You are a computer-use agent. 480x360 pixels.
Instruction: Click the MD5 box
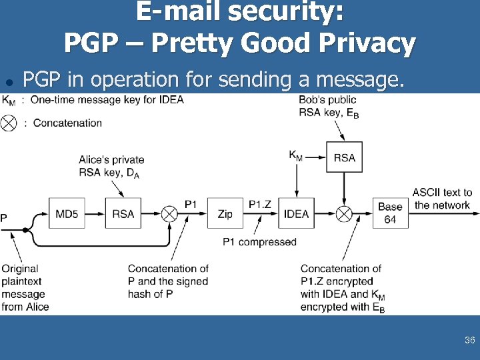point(67,214)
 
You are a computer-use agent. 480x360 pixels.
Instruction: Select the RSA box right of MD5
point(123,214)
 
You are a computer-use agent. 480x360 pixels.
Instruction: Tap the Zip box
point(225,214)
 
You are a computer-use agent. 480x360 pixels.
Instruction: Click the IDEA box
point(296,214)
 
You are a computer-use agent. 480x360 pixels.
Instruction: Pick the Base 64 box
point(390,213)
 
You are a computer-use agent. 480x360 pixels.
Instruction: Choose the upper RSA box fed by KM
point(344,158)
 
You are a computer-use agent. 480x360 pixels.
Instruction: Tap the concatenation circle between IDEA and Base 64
point(344,214)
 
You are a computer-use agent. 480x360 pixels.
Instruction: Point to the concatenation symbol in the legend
point(9,123)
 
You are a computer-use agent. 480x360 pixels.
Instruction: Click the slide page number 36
point(469,340)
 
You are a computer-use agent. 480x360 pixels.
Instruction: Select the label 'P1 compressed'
point(259,241)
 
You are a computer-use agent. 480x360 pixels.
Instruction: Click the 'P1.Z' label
point(260,204)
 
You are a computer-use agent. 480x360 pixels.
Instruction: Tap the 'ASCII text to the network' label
point(442,199)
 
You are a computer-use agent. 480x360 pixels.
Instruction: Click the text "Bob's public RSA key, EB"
point(329,106)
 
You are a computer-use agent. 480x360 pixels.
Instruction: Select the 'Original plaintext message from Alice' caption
point(25,287)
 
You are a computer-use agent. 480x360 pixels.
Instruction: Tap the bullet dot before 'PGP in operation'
point(9,82)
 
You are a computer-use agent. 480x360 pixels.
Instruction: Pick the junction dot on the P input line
point(25,230)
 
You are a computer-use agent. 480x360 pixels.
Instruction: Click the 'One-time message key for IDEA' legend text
point(107,100)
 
